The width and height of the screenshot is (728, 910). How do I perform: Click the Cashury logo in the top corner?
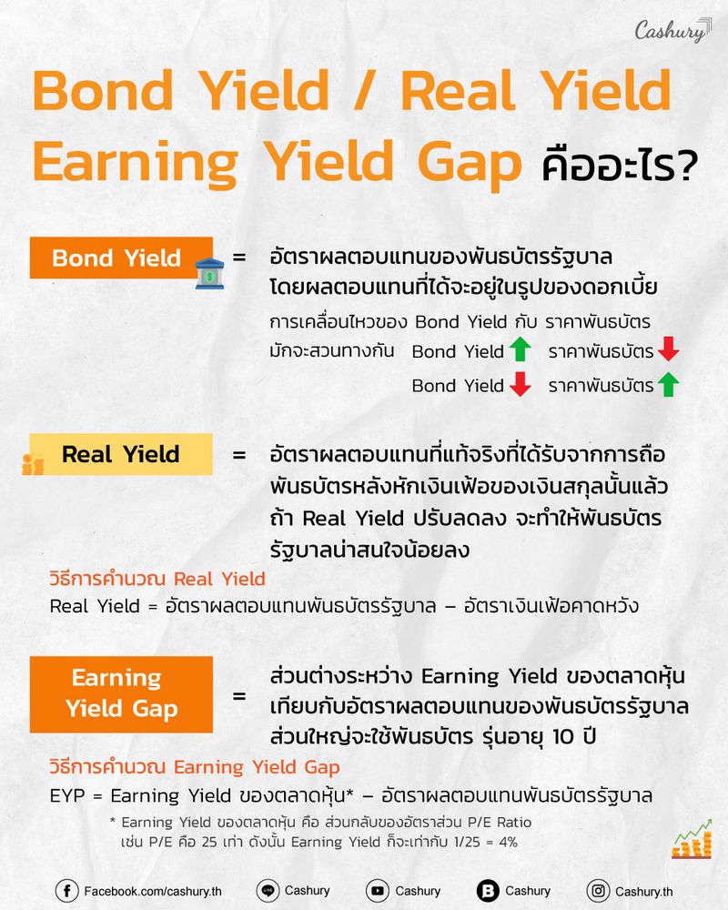[x=671, y=31]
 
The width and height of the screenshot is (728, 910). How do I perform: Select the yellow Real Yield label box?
[x=121, y=454]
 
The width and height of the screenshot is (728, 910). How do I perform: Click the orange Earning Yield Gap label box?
[x=121, y=694]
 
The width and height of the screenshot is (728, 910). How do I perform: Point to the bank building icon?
[x=209, y=274]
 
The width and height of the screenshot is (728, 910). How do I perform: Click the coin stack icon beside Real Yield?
[x=33, y=464]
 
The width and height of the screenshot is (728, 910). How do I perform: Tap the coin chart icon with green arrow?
[x=691, y=839]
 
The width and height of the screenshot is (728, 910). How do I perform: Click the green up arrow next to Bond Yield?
[x=520, y=350]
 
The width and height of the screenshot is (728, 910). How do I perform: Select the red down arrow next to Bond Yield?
[x=520, y=385]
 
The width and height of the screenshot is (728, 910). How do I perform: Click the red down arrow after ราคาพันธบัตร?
[x=669, y=350]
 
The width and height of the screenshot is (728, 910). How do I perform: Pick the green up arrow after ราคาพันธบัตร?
[x=669, y=385]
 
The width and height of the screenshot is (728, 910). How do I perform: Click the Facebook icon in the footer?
[x=66, y=891]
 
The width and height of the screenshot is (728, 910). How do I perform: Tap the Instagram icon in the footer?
[x=598, y=891]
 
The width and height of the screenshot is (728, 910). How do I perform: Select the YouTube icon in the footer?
[x=376, y=891]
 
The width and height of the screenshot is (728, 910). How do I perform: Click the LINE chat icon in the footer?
[x=268, y=891]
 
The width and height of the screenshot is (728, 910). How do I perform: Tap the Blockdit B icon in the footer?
[x=488, y=891]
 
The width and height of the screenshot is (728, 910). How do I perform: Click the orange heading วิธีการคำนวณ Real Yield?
[x=157, y=579]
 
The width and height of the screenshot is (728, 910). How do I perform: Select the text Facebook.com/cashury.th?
[x=152, y=892]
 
